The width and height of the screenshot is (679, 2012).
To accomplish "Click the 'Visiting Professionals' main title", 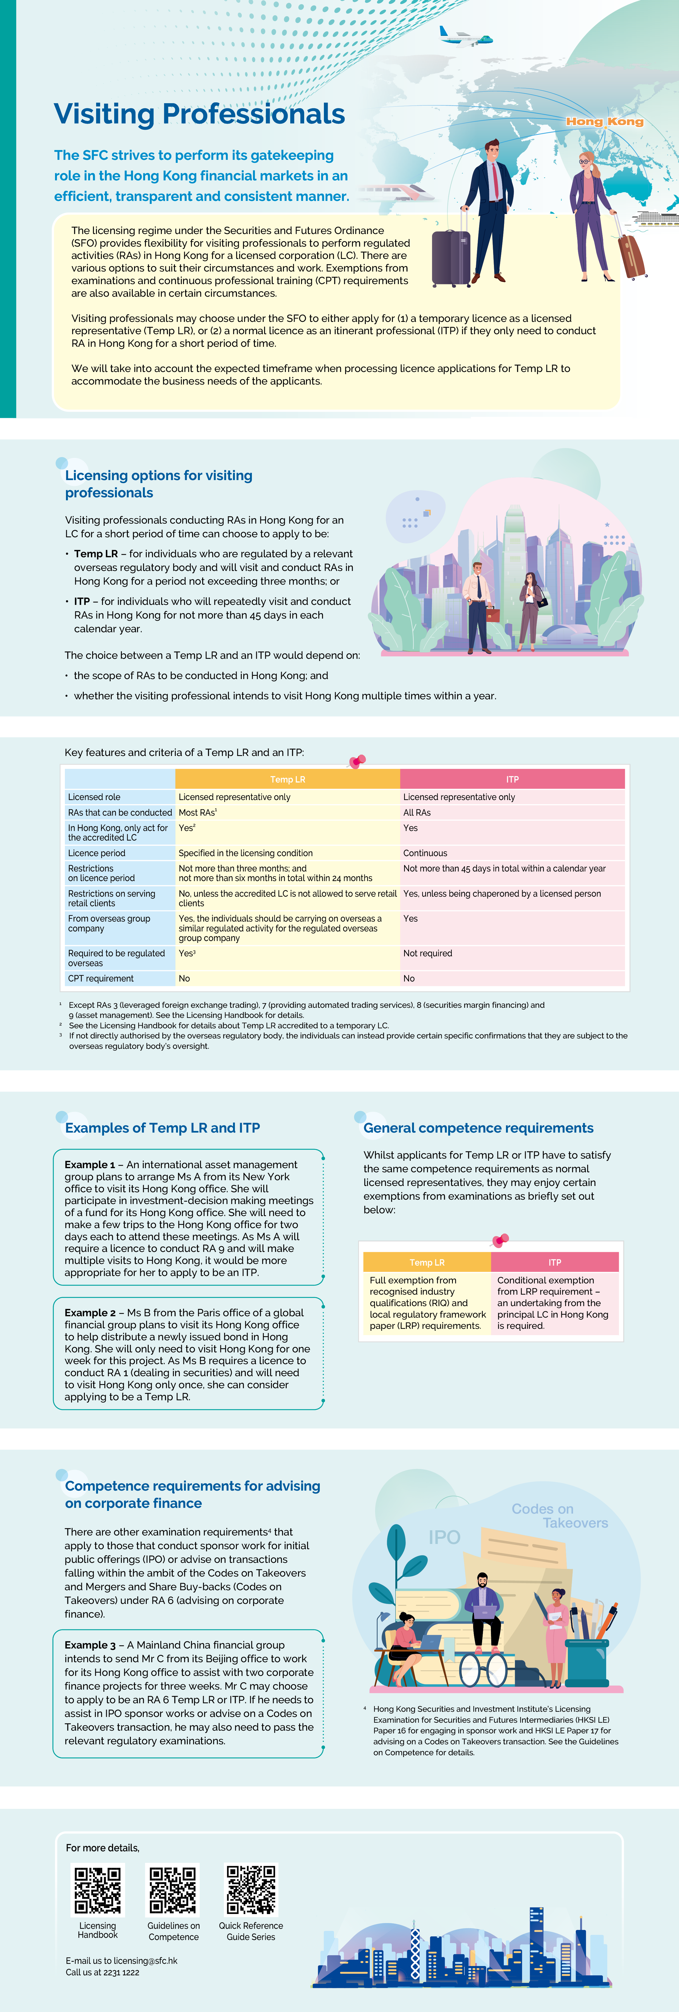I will pyautogui.click(x=199, y=114).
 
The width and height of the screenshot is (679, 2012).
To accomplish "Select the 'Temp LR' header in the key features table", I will pyautogui.click(x=287, y=779).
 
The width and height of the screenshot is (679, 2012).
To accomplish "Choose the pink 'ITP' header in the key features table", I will pyautogui.click(x=512, y=779).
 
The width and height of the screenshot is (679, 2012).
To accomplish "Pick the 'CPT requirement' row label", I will pyautogui.click(x=101, y=978).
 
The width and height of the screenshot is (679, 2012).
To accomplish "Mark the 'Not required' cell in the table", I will pyautogui.click(x=427, y=953).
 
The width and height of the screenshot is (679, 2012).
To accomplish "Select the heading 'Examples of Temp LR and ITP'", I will pyautogui.click(x=163, y=1128).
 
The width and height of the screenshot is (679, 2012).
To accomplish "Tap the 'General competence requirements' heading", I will pyautogui.click(x=478, y=1128).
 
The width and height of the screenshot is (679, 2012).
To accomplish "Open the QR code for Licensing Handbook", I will pyautogui.click(x=98, y=1890).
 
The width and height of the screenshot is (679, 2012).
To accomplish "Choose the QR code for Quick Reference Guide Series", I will pyautogui.click(x=251, y=1890).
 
